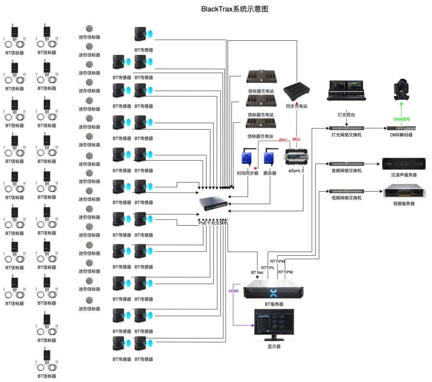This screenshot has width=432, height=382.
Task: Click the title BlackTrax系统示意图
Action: point(234,9)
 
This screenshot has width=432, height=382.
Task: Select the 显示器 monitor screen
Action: point(274,325)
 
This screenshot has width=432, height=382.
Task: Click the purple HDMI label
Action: point(233,291)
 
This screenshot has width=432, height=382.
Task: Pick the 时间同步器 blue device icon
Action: point(247,157)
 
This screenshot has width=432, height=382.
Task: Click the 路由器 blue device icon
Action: point(269,157)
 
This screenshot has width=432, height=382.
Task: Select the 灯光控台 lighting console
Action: point(347,91)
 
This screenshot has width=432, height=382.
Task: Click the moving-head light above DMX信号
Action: point(401,90)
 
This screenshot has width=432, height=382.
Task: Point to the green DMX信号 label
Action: point(402,119)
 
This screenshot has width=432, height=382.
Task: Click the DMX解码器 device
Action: point(402,128)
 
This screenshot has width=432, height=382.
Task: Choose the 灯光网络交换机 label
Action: point(346,135)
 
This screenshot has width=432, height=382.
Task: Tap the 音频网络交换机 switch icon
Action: point(346,164)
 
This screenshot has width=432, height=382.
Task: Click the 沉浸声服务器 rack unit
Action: point(404,164)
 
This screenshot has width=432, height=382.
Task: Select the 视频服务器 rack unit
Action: point(404,191)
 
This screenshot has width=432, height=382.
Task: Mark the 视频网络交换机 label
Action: point(346,198)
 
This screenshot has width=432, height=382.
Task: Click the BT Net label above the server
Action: point(257,272)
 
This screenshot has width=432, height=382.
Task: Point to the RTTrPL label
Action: point(268,268)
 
